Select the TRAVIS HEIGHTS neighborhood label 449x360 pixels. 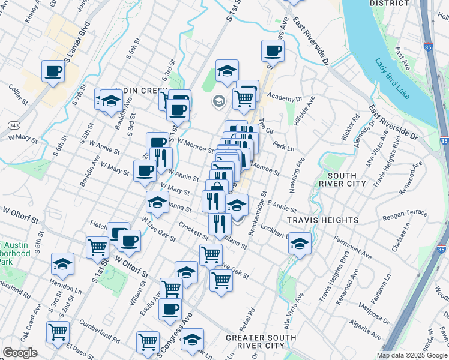click(314, 220)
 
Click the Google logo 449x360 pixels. click(20, 353)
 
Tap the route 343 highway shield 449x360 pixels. click(13, 125)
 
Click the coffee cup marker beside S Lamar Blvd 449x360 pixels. click(53, 72)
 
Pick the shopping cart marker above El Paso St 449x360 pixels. click(58, 331)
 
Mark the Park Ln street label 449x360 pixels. click(283, 146)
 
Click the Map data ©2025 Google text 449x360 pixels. click(412, 355)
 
